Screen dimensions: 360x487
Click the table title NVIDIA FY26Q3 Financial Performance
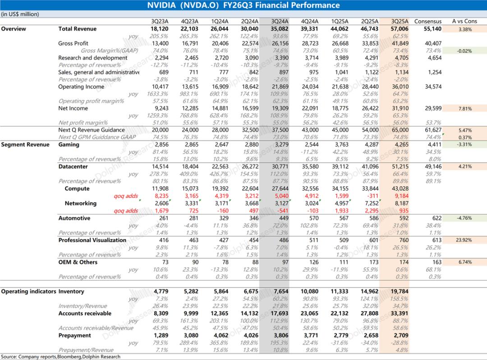coord(243,5)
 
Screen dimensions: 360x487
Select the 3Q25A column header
coord(399,21)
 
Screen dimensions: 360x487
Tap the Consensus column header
coord(428,21)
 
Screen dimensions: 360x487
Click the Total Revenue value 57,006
coord(399,29)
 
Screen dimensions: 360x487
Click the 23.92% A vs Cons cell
coord(464,240)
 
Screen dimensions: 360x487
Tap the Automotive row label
coord(74,218)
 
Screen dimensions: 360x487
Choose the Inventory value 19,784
coord(399,292)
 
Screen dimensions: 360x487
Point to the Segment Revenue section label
coord(25,145)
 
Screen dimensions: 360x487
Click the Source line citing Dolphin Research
coord(60,356)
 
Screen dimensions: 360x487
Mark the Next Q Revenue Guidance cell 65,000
coord(399,130)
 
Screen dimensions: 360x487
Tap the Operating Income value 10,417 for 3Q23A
coord(160,87)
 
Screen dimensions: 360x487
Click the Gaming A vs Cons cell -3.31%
coord(464,145)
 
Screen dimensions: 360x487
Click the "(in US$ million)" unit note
coord(20,14)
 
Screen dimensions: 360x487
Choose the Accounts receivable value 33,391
coord(399,314)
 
